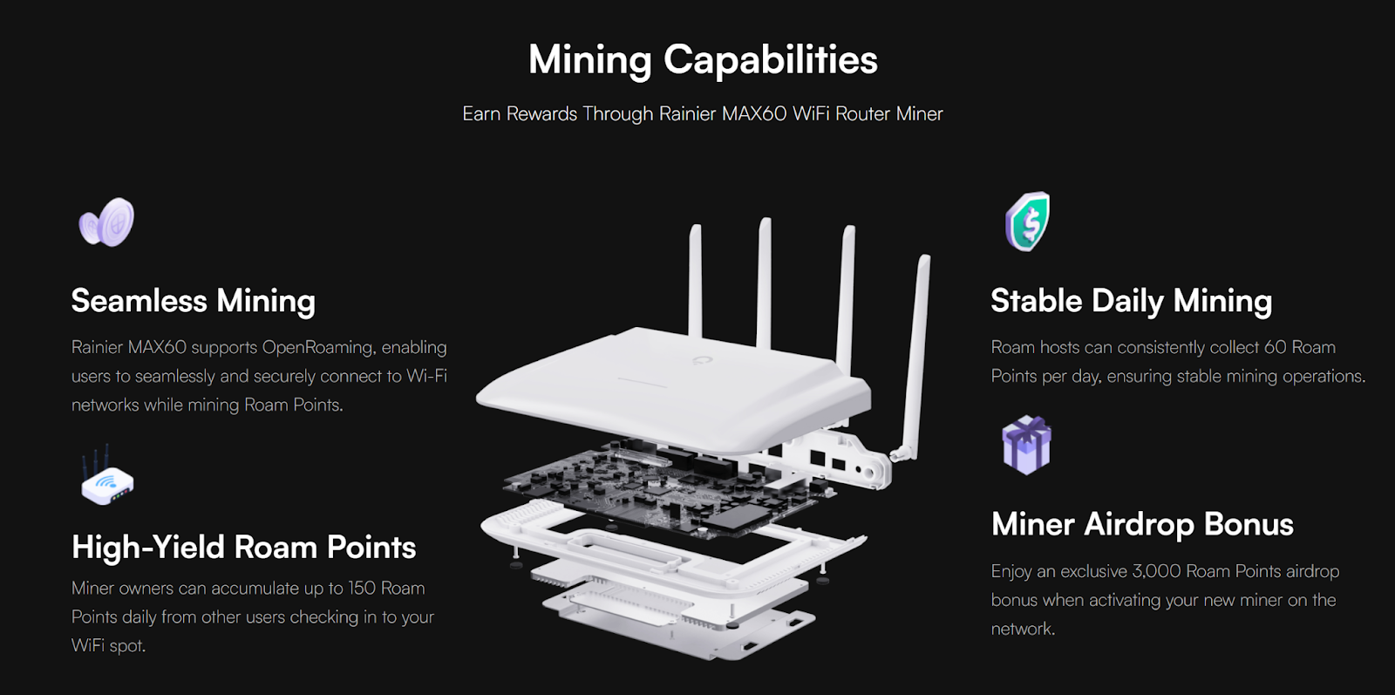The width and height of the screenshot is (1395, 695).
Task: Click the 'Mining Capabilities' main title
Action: pyautogui.click(x=703, y=60)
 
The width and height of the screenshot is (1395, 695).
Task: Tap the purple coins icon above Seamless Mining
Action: pyautogui.click(x=106, y=222)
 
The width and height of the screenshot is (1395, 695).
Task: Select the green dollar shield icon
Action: pyautogui.click(x=1028, y=221)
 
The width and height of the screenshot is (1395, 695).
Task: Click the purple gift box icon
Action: pyautogui.click(x=1026, y=445)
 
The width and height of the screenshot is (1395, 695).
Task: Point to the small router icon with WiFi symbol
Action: pyautogui.click(x=107, y=476)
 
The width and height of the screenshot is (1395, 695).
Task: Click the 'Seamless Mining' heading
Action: pyautogui.click(x=193, y=301)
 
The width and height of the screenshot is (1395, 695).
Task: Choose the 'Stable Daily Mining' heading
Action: pyautogui.click(x=1131, y=301)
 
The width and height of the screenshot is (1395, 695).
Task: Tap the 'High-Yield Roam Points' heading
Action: pyautogui.click(x=243, y=547)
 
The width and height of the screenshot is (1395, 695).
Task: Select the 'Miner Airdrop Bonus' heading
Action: pyautogui.click(x=1142, y=524)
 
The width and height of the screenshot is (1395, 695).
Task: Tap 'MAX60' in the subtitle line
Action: pyautogui.click(x=754, y=113)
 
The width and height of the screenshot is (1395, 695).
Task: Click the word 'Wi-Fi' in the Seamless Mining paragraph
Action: pyautogui.click(x=426, y=376)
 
